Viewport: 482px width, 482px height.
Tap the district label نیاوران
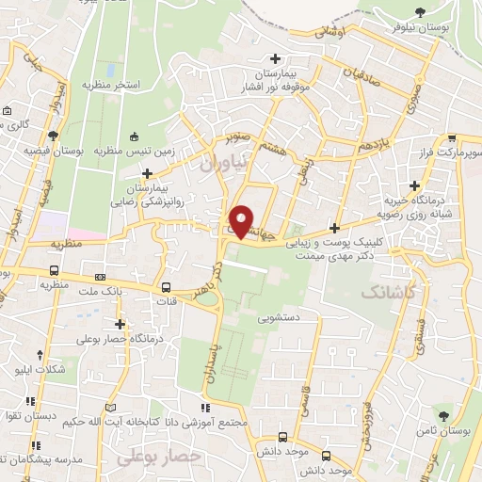223,162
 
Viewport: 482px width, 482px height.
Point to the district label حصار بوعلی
159,456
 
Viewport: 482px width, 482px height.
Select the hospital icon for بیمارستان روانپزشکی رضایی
147,173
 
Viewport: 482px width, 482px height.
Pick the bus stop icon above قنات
166,288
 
